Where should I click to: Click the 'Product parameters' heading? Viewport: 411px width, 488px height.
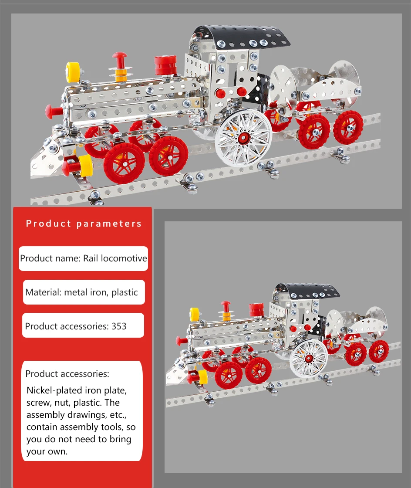click(x=84, y=224)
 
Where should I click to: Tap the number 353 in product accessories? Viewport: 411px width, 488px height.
click(x=119, y=326)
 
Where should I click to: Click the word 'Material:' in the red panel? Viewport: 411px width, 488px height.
click(x=43, y=292)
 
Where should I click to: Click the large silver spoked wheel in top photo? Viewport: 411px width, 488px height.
click(x=243, y=137)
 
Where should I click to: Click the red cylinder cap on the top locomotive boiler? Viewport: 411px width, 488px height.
click(x=165, y=64)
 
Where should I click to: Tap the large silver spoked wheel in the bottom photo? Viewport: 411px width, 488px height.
click(x=309, y=358)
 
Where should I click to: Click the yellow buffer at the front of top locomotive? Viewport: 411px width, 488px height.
click(x=85, y=165)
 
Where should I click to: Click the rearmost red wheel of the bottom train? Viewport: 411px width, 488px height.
click(x=379, y=351)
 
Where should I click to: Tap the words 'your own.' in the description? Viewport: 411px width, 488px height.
click(x=47, y=451)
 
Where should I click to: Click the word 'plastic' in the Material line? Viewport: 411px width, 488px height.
click(x=125, y=292)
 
